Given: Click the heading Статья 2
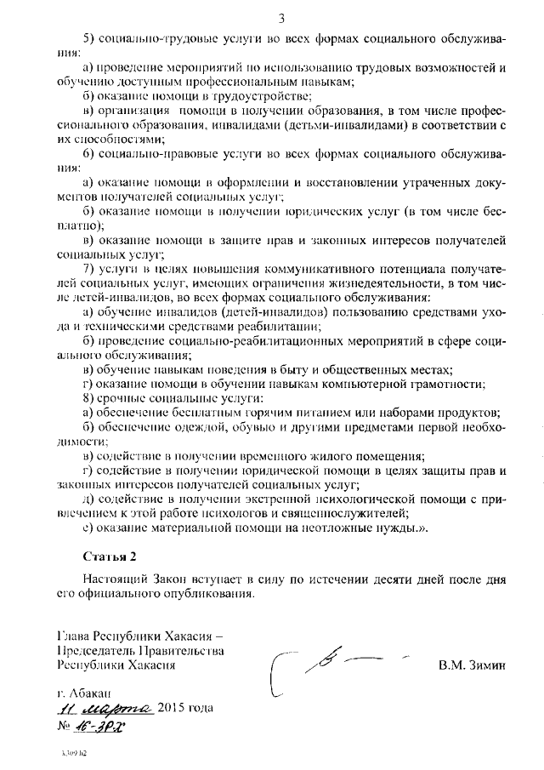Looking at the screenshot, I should [110, 556].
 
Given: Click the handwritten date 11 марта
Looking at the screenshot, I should [105, 708].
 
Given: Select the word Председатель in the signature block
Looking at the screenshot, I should [93, 651].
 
